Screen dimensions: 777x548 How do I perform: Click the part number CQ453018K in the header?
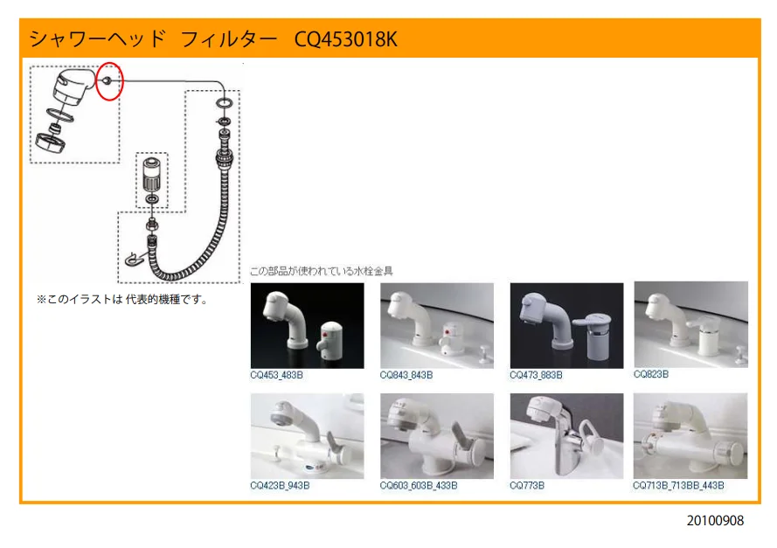(345, 39)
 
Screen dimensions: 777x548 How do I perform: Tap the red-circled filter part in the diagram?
(108, 80)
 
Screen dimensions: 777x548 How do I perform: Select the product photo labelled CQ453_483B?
(308, 325)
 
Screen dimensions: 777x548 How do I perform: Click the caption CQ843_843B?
(406, 375)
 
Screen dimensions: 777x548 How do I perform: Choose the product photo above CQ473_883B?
(566, 325)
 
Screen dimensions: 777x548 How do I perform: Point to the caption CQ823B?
(651, 374)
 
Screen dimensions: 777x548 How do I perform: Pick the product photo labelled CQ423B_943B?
(308, 436)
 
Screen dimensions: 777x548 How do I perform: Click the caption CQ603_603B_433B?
(419, 486)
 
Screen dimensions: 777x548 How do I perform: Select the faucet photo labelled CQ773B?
(566, 436)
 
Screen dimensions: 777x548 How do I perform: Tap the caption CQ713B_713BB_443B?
(678, 486)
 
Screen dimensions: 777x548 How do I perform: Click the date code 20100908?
(715, 521)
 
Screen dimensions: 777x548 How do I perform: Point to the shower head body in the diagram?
(74, 87)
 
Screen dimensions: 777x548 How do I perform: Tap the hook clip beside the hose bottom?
(134, 259)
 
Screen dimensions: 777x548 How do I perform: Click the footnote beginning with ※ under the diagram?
(122, 299)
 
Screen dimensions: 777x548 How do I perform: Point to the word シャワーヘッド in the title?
(97, 39)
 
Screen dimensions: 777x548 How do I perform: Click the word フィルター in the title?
(229, 39)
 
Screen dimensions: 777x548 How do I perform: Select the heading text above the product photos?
(321, 271)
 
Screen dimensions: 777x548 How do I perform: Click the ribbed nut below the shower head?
(51, 141)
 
